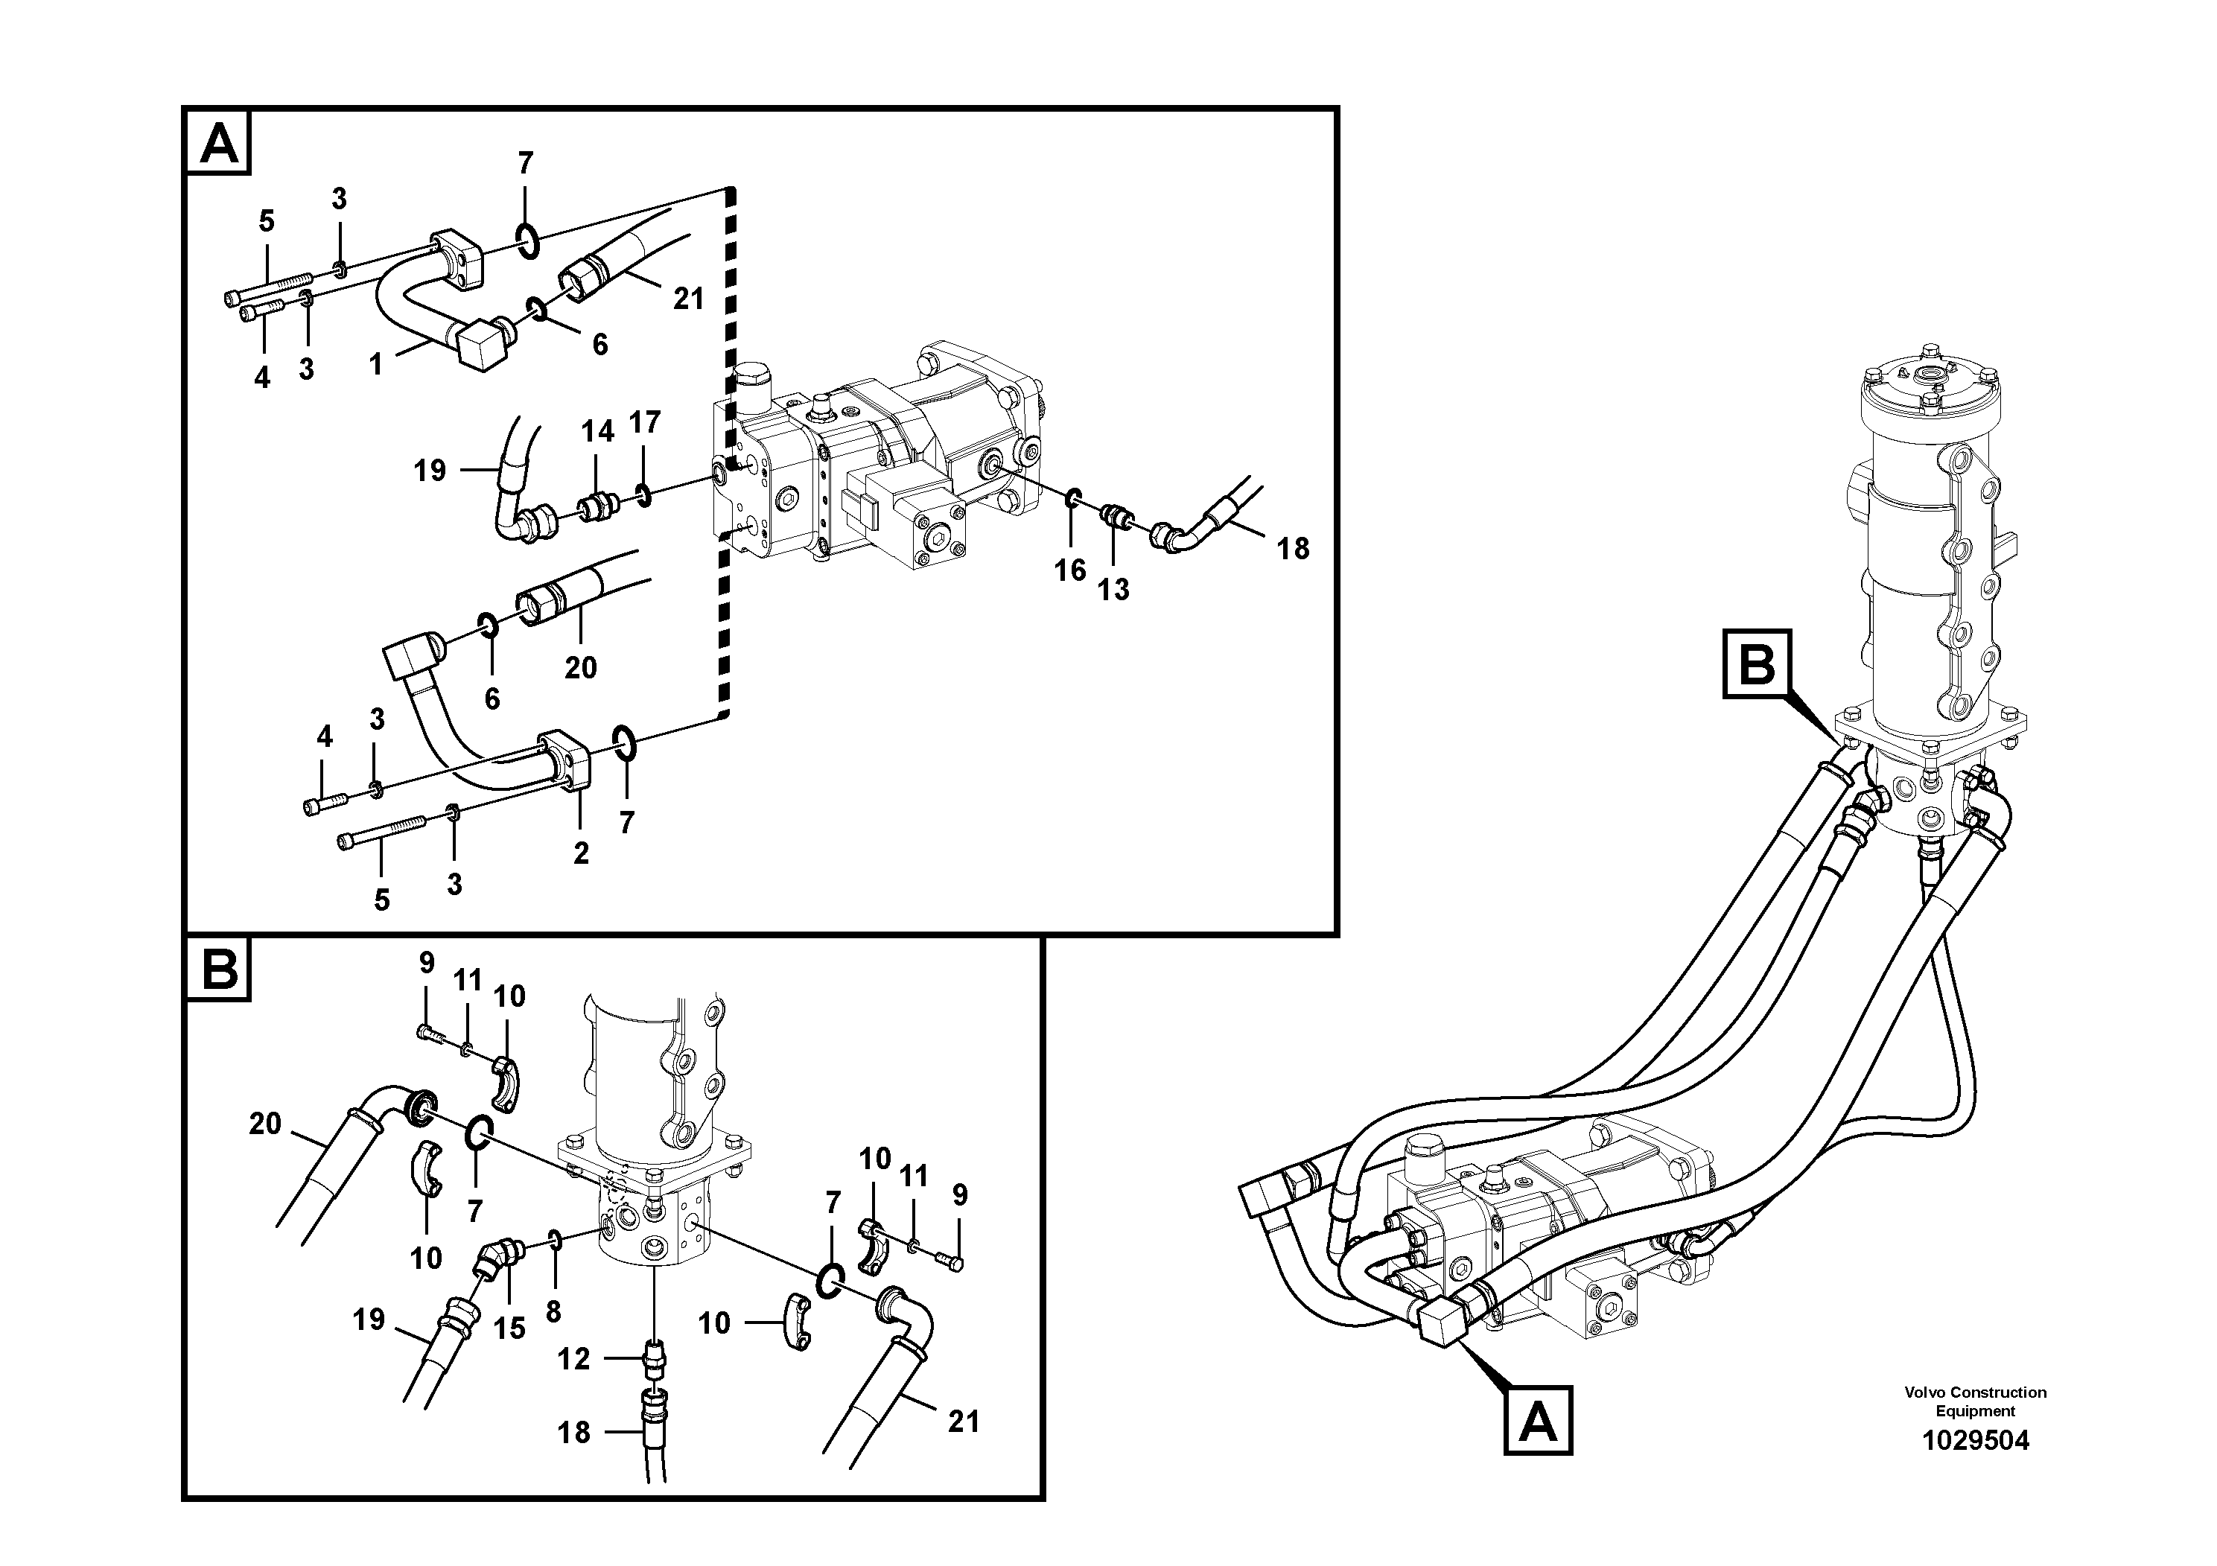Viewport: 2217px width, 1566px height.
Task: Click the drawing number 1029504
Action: click(x=1975, y=1442)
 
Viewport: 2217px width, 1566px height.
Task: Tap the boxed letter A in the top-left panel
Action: click(x=219, y=144)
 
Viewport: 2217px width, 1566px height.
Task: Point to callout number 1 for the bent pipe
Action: click(x=375, y=364)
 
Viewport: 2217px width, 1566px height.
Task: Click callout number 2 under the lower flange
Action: click(x=580, y=853)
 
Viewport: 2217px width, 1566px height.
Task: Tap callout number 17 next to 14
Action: click(x=644, y=422)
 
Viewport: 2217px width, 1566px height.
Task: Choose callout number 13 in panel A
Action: click(x=1113, y=589)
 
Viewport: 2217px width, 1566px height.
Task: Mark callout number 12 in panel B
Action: click(x=573, y=1360)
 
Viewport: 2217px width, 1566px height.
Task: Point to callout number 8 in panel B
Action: click(x=553, y=1311)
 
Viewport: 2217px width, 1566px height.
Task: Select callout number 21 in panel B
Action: click(x=963, y=1422)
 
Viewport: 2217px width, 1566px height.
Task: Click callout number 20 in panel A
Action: click(x=580, y=667)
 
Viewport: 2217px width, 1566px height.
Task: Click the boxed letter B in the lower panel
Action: click(x=219, y=970)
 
